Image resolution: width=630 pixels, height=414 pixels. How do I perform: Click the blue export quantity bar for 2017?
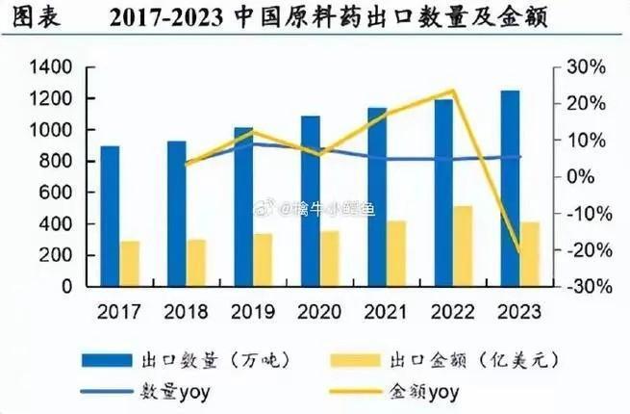pyautogui.click(x=111, y=216)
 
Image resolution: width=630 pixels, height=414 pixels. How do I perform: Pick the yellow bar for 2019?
pyautogui.click(x=264, y=259)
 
